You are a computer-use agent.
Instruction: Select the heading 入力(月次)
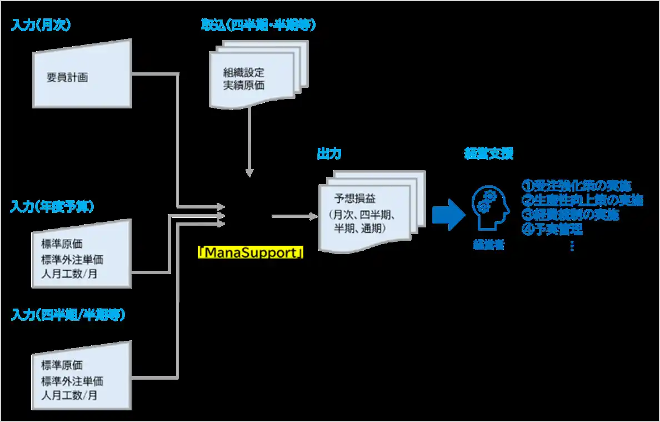point(41,26)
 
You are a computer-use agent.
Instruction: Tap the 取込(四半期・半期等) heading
point(258,26)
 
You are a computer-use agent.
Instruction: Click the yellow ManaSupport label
point(251,253)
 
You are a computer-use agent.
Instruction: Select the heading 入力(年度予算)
point(52,207)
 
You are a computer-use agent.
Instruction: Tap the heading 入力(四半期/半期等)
point(68,315)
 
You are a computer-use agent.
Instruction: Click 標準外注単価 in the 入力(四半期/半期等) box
point(72,381)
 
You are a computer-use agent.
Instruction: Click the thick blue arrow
point(448,214)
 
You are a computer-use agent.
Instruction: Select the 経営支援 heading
point(488,153)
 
